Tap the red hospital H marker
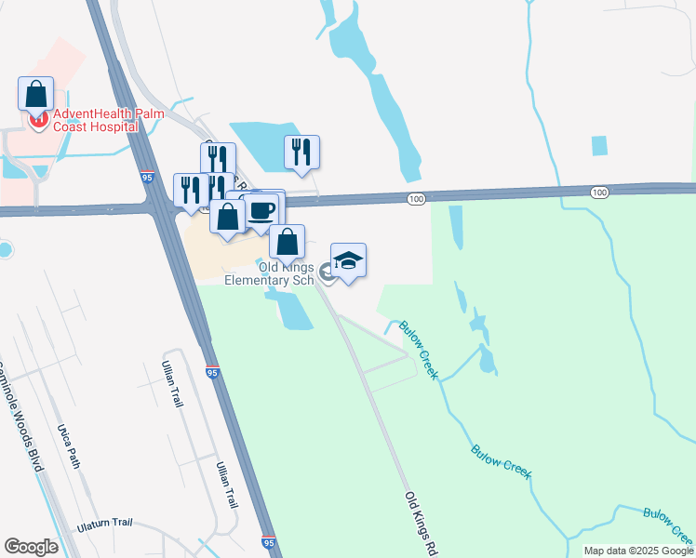pyautogui.click(x=37, y=119)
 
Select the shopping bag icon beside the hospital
pyautogui.click(x=35, y=94)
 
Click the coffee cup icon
pyautogui.click(x=262, y=208)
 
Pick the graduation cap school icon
pyautogui.click(x=348, y=260)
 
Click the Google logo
pyautogui.click(x=31, y=547)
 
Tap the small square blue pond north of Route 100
pyautogui.click(x=599, y=146)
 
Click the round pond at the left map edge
pyautogui.click(x=4, y=250)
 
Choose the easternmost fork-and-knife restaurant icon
pyautogui.click(x=301, y=152)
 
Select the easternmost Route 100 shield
pyautogui.click(x=599, y=192)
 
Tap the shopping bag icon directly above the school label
pyautogui.click(x=288, y=242)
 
